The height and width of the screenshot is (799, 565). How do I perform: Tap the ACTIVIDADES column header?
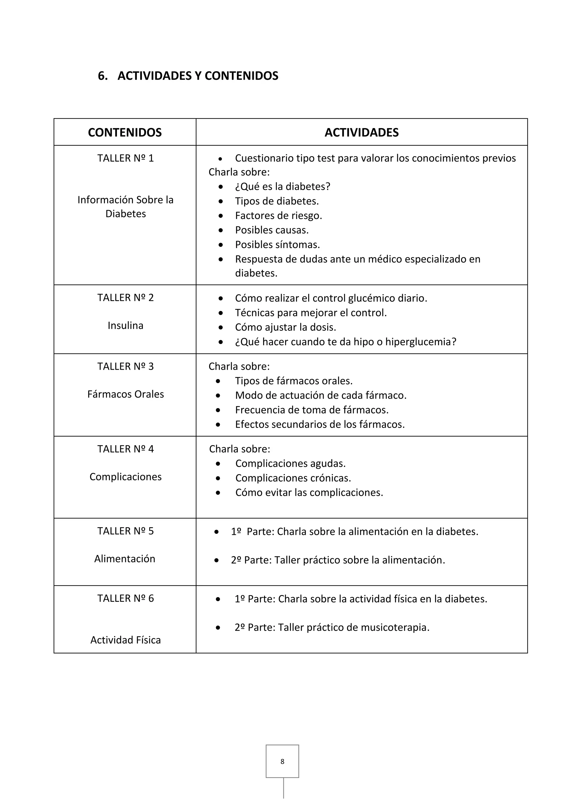click(361, 133)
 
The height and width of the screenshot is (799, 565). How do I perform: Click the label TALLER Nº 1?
click(125, 158)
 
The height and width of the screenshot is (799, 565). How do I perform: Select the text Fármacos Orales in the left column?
click(125, 394)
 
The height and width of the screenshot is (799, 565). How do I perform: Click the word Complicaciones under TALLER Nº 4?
click(125, 477)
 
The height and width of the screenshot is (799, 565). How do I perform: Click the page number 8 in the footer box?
click(282, 762)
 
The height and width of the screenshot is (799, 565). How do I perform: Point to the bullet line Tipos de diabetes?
click(277, 201)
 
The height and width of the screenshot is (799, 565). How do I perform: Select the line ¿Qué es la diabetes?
click(282, 187)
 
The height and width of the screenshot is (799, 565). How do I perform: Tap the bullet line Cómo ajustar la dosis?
click(285, 327)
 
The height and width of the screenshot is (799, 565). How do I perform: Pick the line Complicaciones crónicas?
click(293, 478)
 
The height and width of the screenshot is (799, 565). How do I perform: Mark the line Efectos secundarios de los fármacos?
click(320, 425)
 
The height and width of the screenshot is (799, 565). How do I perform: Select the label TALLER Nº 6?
click(125, 598)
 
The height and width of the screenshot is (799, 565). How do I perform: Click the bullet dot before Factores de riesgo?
click(221, 216)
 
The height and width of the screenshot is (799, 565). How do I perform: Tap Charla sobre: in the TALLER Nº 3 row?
click(239, 366)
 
